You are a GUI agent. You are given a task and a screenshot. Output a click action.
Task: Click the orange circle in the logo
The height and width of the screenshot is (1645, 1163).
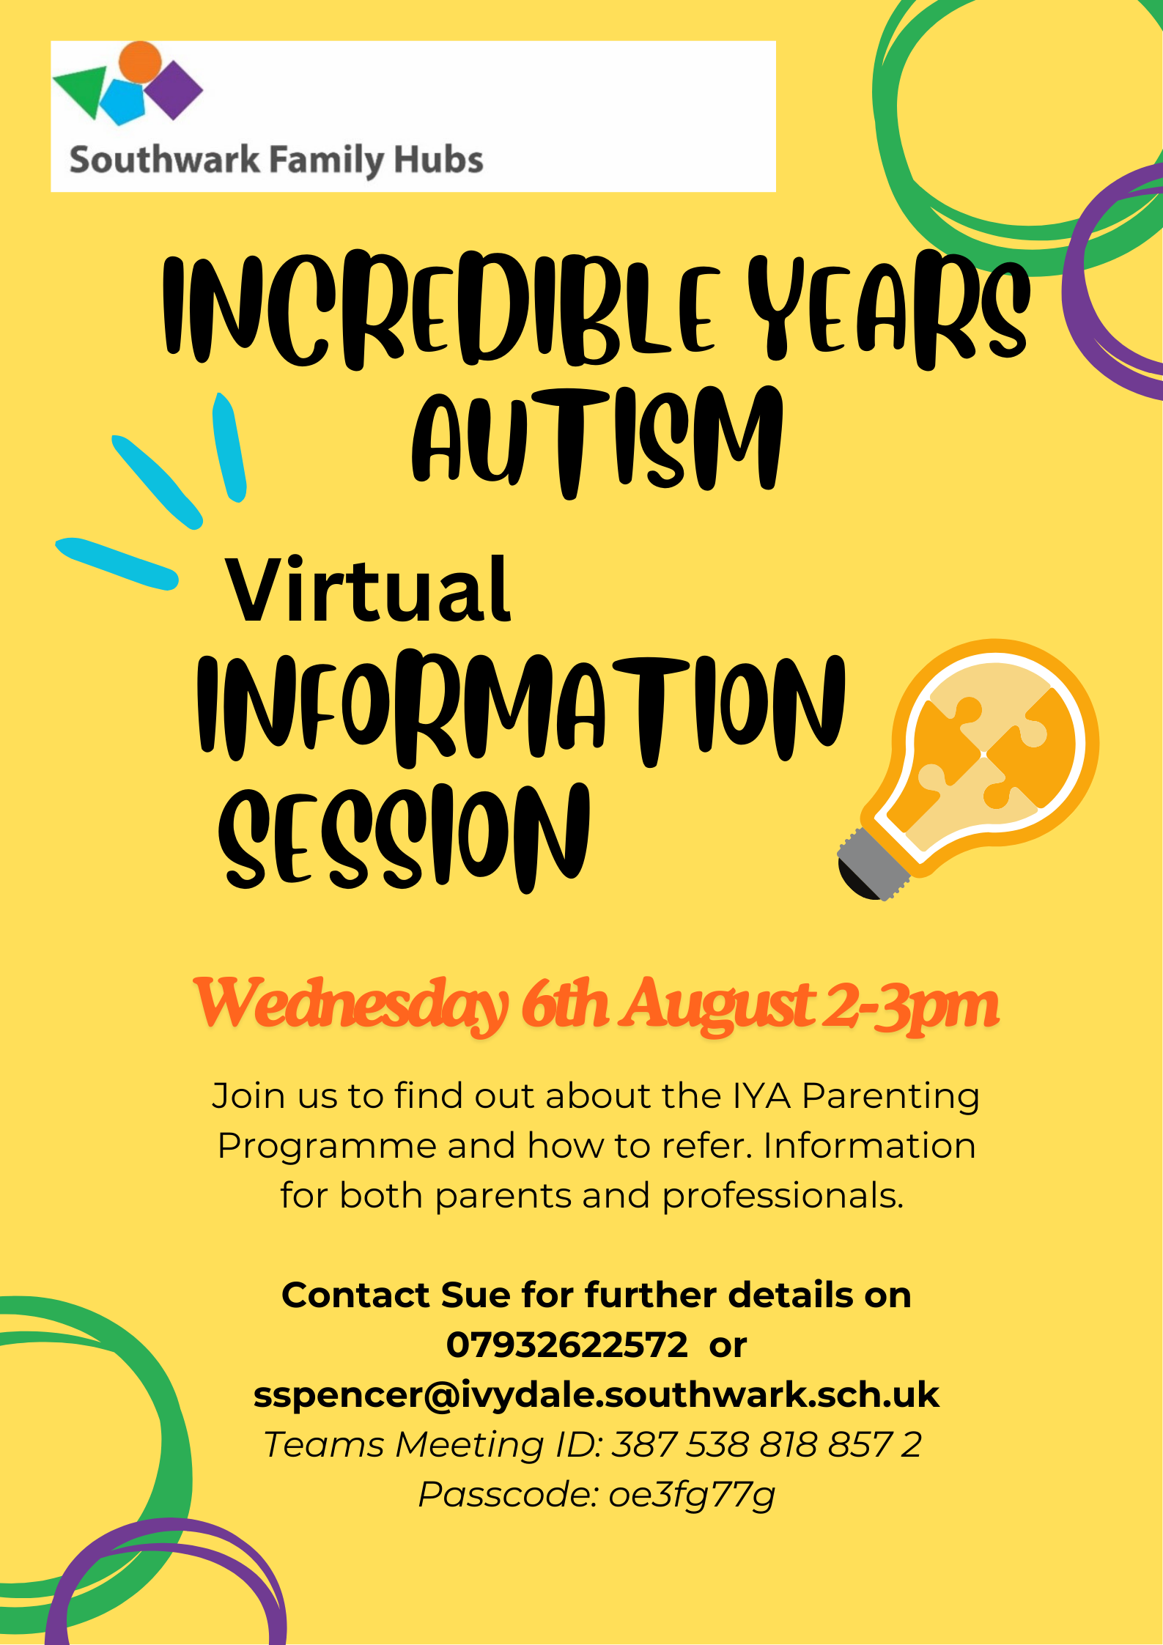pos(140,62)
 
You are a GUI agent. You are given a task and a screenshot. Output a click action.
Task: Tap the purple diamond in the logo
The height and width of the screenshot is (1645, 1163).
pos(173,90)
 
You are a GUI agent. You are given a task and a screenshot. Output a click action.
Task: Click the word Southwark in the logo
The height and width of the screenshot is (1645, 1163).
pos(165,160)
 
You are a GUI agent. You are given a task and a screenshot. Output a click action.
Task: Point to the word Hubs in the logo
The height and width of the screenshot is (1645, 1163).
pos(438,160)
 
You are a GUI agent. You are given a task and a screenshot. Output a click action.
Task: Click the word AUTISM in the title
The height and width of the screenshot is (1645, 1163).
pos(597,441)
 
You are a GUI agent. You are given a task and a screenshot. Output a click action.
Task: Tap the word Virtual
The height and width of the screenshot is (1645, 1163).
pos(368,589)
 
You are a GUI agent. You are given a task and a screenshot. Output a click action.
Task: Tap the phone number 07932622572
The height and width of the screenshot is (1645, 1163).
pos(567,1345)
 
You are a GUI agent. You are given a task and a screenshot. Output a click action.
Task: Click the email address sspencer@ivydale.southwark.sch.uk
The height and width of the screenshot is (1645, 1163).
pos(597,1395)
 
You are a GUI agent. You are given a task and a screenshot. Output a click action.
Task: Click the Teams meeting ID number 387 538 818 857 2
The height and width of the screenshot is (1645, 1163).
pos(767,1444)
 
